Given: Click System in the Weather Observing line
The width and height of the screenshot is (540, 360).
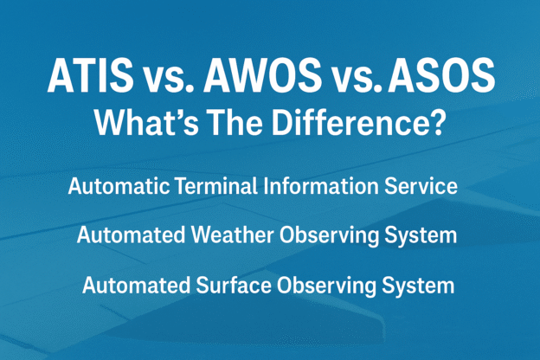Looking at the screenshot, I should coord(420,235).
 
